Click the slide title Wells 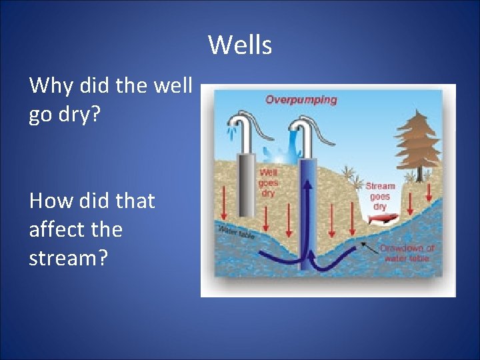point(240,45)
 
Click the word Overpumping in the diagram point(301,100)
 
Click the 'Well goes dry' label point(267,183)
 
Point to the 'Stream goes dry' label point(380,196)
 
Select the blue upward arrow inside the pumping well point(309,213)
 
